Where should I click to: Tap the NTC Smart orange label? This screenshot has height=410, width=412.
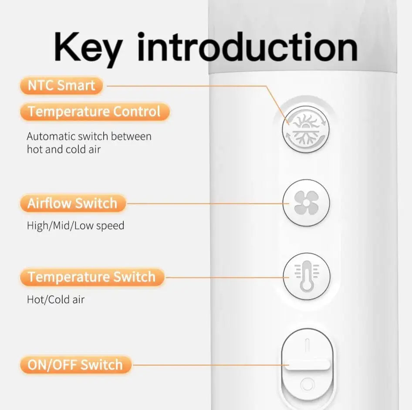[x=61, y=85]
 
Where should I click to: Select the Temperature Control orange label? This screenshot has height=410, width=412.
[x=95, y=112]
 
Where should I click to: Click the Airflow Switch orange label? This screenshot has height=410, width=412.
[x=73, y=203]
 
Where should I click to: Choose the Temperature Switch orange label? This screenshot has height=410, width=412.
[x=92, y=277]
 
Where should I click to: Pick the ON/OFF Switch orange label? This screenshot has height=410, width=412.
[x=75, y=365]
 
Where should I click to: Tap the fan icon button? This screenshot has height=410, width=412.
[x=306, y=203]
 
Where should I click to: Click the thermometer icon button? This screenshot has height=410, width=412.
[x=307, y=276]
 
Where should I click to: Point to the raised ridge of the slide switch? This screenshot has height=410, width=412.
[x=307, y=365]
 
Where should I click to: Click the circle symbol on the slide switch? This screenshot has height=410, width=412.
[x=307, y=385]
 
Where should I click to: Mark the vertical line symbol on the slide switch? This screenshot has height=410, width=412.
[x=307, y=345]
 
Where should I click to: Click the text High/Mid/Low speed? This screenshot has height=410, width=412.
[x=76, y=226]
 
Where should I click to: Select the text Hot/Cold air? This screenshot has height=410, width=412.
[x=56, y=299]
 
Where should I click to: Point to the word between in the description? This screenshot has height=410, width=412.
[x=131, y=136]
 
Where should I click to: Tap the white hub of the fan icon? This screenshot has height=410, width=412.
[x=306, y=203]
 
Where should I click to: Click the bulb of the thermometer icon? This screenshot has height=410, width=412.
[x=306, y=285]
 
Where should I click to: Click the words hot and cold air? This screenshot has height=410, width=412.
[x=64, y=149]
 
